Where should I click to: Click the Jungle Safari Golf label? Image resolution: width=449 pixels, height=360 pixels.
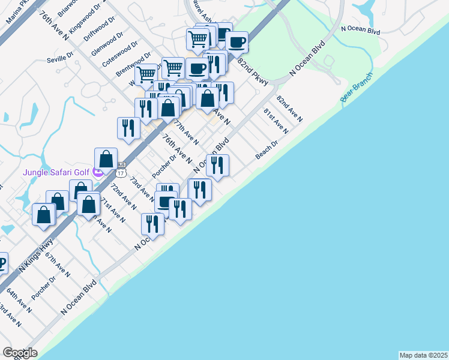coord(56,173)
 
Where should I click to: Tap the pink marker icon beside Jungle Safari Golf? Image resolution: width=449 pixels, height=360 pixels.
coord(98,173)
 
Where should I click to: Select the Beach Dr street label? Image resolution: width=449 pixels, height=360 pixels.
coord(267,150)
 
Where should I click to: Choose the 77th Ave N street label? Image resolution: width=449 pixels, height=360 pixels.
coord(186,131)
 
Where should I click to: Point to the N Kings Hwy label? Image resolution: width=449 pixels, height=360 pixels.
coord(36,257)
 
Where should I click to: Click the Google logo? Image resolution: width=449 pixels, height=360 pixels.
coord(20,353)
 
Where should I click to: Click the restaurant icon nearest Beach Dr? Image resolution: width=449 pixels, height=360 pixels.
coord(217,165)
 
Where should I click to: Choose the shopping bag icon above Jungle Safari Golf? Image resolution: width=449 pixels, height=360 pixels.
coord(106,159)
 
